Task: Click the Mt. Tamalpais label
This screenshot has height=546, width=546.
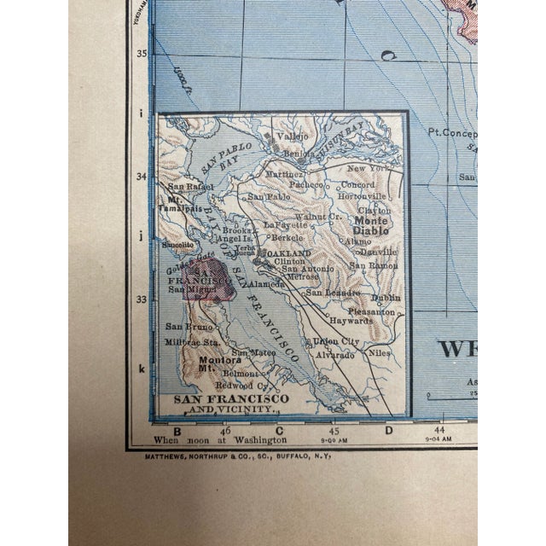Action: point(180,202)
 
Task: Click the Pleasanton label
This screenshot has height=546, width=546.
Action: point(375,312)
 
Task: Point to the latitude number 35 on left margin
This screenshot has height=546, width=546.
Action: point(143,54)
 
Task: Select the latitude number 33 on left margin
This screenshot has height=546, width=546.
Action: point(143,299)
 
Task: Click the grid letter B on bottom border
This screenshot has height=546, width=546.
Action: point(177,430)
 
